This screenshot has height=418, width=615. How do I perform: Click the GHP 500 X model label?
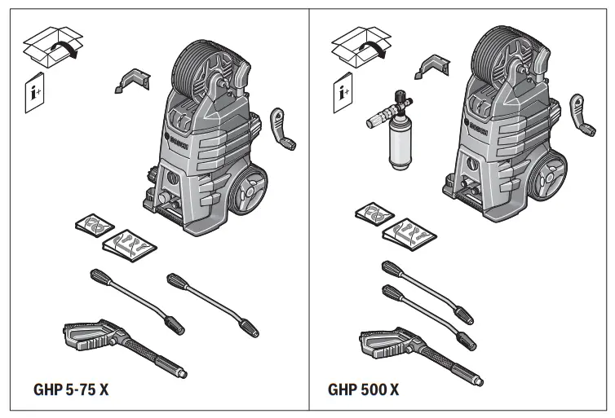tap(364, 389)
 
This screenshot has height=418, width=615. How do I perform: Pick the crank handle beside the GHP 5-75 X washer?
tap(282, 128)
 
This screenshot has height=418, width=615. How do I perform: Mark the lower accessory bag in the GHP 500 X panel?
tap(409, 233)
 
